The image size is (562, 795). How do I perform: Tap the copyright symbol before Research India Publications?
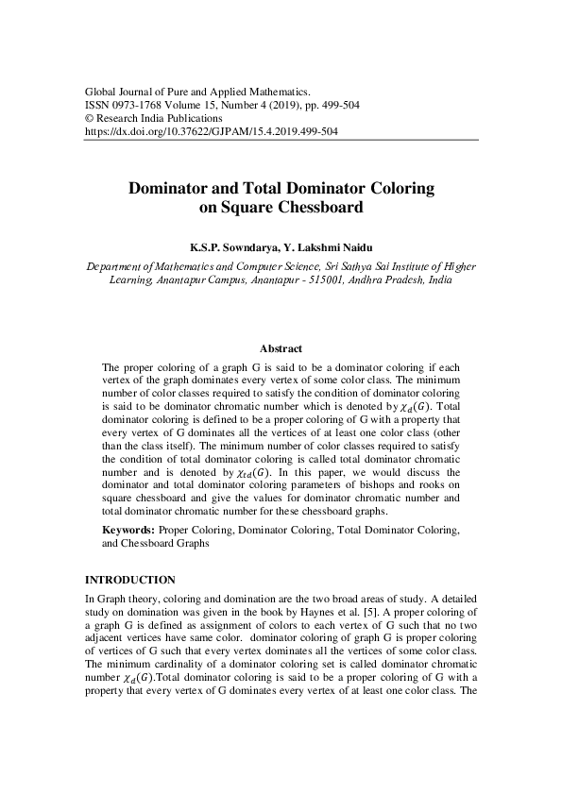[x=90, y=119]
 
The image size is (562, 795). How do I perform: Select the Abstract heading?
[x=281, y=348]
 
